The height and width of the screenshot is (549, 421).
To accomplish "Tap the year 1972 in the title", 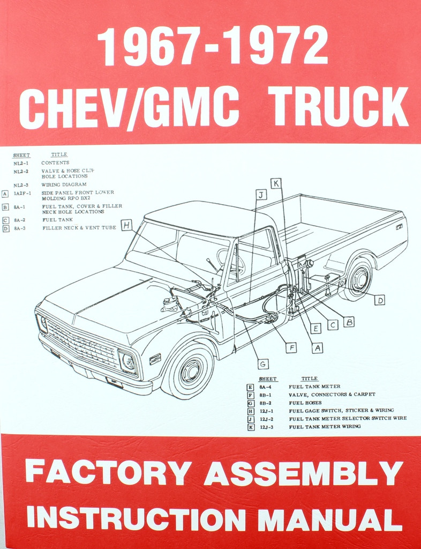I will tap(280, 46).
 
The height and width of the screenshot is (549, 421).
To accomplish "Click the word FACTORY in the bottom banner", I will tap(108, 473).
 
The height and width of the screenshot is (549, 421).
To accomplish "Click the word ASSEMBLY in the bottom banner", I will tap(303, 473).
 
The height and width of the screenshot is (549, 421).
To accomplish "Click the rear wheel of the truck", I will tap(358, 279).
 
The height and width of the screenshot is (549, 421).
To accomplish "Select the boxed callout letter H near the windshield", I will tap(126, 225).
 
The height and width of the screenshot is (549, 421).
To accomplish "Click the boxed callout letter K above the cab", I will tap(276, 183).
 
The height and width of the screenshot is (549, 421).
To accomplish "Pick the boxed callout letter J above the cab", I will tap(261, 195).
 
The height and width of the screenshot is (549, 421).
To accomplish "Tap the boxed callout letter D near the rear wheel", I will tap(379, 300).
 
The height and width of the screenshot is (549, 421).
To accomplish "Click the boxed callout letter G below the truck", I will tap(263, 364).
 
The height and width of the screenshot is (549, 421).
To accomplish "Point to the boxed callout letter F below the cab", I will tap(291, 347).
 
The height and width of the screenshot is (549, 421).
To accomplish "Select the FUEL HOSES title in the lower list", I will tap(305, 402).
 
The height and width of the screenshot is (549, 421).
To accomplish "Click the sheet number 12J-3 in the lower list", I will tap(267, 427).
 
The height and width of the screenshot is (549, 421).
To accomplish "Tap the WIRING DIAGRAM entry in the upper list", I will tap(64, 184).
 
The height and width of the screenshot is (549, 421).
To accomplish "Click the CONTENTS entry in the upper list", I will tap(55, 162).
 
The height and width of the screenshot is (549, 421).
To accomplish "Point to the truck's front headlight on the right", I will tap(128, 362).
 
